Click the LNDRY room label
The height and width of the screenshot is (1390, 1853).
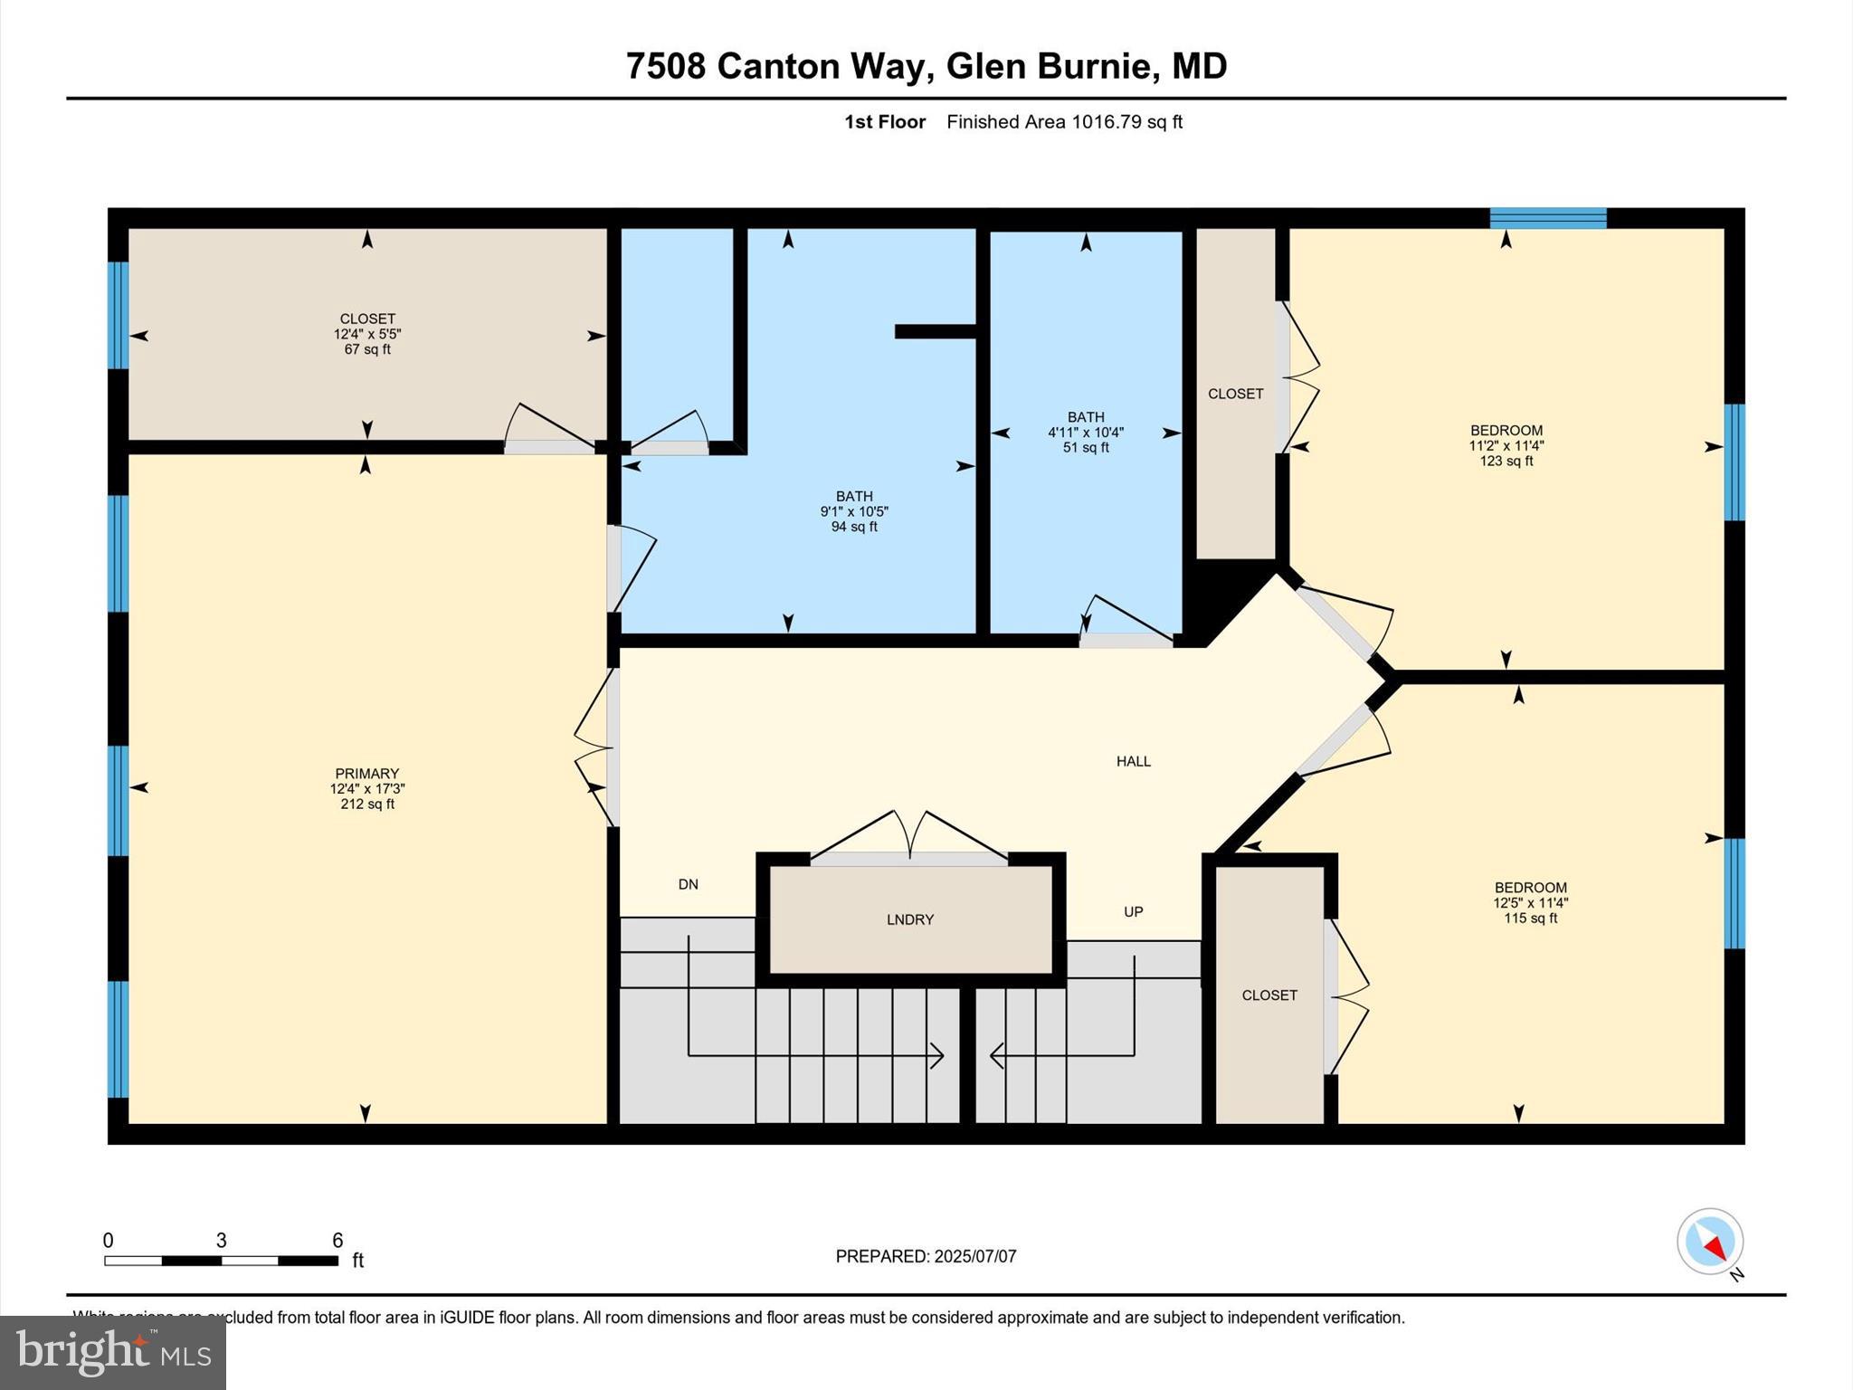coord(910,919)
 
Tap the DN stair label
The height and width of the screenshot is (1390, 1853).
coord(688,884)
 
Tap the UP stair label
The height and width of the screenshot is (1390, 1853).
coord(1133,911)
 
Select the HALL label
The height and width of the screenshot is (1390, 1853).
coord(1133,761)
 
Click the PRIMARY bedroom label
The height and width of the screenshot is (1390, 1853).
coord(366,773)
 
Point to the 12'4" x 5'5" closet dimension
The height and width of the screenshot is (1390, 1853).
coord(366,334)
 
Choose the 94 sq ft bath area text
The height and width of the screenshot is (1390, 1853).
coord(854,527)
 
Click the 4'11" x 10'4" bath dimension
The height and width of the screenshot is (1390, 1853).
coord(1086,433)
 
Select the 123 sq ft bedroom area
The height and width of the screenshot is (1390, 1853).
coord(1506,461)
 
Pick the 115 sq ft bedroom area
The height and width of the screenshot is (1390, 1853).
coord(1530,918)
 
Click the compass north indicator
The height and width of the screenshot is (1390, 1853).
coord(1710,1242)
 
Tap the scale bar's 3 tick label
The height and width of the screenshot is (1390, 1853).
coord(221,1241)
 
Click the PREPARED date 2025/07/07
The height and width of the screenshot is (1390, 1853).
coord(975,1256)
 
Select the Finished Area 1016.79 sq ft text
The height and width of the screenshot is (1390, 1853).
coord(1064,122)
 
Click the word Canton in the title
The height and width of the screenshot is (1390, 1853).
coord(779,66)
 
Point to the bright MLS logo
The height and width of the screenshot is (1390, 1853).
coord(113,1352)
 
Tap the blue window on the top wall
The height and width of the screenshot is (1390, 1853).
coord(1547,218)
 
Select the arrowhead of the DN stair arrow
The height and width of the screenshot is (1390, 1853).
coord(938,1055)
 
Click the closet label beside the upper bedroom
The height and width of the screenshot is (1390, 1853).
coord(1235,394)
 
